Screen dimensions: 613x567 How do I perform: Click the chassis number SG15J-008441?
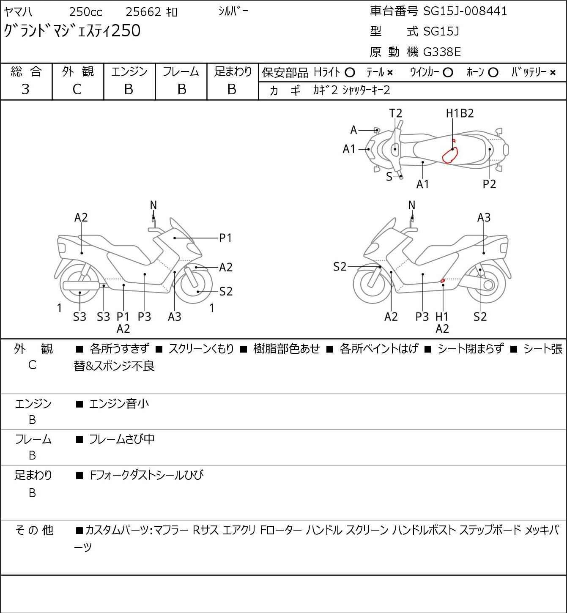465,11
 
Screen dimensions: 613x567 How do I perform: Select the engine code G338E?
442,52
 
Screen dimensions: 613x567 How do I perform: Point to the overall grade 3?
25,89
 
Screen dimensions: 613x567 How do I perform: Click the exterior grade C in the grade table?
77,89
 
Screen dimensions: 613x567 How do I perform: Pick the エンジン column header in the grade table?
129,72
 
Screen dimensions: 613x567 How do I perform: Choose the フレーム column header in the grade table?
181,72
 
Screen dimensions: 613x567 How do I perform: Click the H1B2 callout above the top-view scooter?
460,113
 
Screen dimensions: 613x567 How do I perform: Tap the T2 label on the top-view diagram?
396,113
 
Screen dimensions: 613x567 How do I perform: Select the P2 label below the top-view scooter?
489,184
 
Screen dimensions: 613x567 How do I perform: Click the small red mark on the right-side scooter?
442,280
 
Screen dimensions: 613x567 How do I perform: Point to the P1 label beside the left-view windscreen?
226,238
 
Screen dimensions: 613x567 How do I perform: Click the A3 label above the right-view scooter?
484,218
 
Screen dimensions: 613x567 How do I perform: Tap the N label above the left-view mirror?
153,205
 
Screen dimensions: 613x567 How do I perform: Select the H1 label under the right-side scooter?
442,316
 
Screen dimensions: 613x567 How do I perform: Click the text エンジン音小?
119,404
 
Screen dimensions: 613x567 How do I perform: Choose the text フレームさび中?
121,440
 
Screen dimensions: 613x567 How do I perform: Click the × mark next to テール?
390,73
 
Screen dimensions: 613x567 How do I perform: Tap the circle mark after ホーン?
493,73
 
